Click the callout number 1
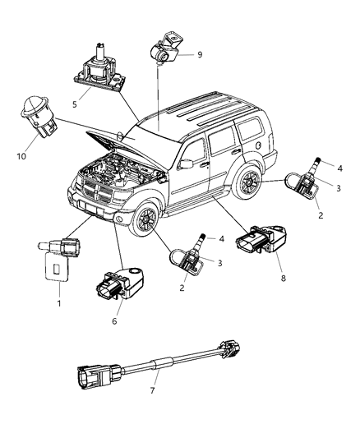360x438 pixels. [x=57, y=303]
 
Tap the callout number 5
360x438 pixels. [x=76, y=104]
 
